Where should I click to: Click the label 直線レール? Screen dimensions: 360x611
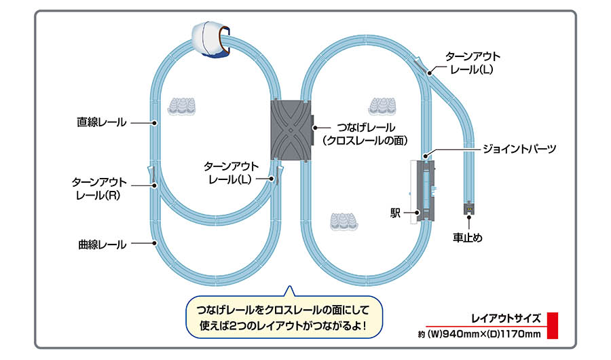click(101, 123)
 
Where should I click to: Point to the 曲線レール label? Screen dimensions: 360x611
click(102, 245)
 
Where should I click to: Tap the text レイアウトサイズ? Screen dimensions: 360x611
click(506, 317)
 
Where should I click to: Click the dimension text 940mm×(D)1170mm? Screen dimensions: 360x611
click(479, 334)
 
